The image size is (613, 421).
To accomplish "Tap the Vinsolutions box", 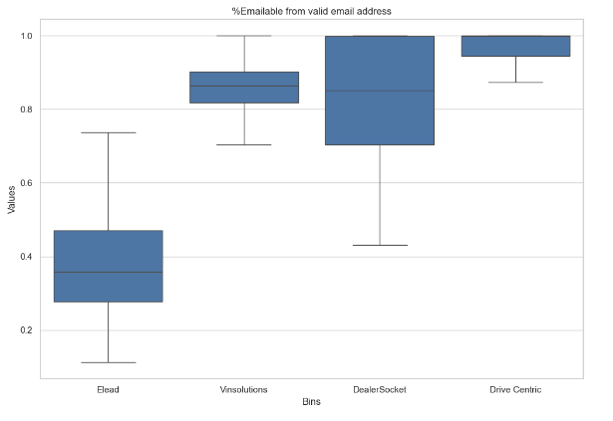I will (x=244, y=88).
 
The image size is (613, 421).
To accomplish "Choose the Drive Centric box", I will (x=515, y=46).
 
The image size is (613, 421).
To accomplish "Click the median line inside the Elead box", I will (x=108, y=272).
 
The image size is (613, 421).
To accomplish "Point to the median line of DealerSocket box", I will (x=380, y=91).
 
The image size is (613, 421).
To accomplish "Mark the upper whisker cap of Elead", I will (x=108, y=132).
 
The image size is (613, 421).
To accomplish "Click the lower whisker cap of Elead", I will (x=108, y=362).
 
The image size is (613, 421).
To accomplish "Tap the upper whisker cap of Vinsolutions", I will (x=244, y=36).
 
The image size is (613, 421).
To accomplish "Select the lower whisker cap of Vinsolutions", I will (x=244, y=144).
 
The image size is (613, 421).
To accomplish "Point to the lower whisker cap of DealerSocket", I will (x=380, y=245).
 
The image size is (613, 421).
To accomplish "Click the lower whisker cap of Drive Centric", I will (x=515, y=82).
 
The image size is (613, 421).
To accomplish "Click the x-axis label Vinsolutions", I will (x=244, y=389).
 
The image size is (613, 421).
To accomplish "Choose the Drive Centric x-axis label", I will (x=515, y=389).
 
